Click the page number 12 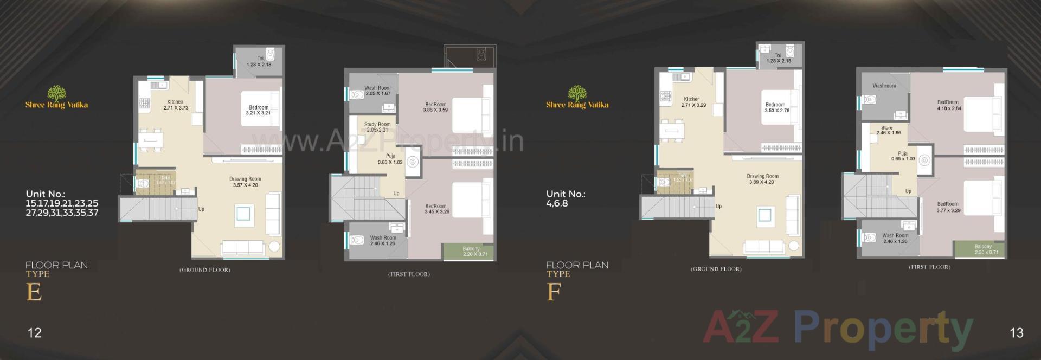point(34,333)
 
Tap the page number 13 point(1017,333)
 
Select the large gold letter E point(34,292)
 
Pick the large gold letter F point(553,292)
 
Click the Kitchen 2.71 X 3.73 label point(175,105)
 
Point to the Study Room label point(377,127)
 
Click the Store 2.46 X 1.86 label point(888,130)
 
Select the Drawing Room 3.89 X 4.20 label point(762,179)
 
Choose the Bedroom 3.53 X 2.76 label point(776,107)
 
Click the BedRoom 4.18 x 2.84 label point(948,105)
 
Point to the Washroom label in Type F point(884,86)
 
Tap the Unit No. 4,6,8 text point(566,198)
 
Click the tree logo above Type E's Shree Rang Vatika point(56,93)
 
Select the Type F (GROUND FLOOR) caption point(716,269)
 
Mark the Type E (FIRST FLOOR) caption point(409,274)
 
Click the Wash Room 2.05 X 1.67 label point(378,91)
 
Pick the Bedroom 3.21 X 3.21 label point(259,110)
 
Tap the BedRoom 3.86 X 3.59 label point(435,107)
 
